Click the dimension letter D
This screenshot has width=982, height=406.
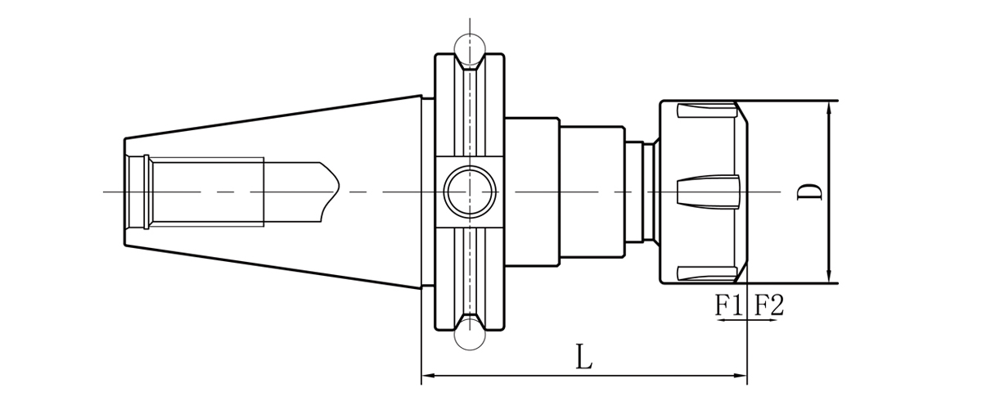(810, 192)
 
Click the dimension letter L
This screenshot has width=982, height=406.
(583, 356)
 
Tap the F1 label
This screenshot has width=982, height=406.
(728, 306)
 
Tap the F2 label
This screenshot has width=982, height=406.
(768, 306)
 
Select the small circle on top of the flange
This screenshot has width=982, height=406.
(470, 47)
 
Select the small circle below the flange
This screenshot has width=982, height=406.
(470, 334)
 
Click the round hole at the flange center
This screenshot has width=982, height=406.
(470, 192)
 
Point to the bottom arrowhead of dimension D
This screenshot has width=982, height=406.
(830, 277)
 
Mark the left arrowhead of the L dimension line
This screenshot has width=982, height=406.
(426, 377)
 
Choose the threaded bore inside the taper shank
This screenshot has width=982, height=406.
(205, 192)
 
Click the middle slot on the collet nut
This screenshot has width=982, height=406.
(708, 192)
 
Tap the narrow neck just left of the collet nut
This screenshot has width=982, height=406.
(646, 192)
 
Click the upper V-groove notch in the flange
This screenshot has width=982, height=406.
(470, 65)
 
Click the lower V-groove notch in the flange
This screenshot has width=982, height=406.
(470, 318)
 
